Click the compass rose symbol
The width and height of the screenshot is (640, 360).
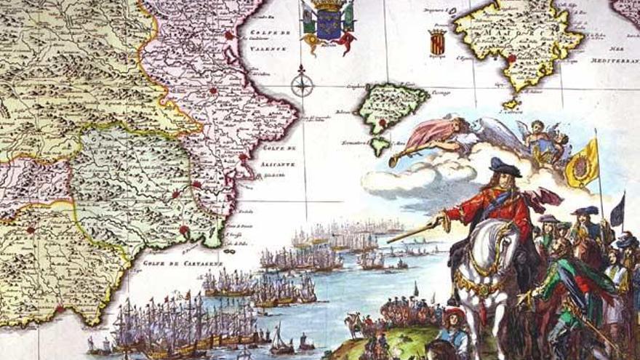pos(302,84)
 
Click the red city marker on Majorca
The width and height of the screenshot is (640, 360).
pos(512,58)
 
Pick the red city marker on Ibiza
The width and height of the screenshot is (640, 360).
pos(383,123)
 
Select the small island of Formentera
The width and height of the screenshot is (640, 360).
pos(379,145)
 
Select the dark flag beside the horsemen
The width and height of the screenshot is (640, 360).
pos(617,210)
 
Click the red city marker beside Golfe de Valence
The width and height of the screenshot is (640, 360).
pos(230,34)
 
